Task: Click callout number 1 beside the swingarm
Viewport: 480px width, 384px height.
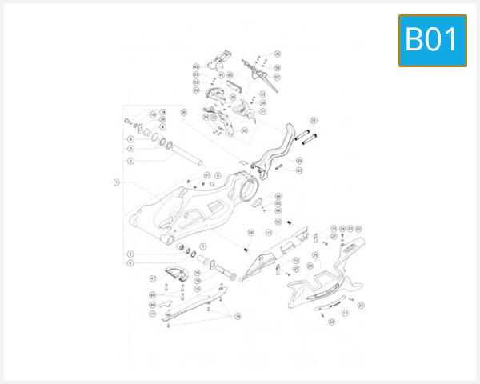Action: (x=116, y=182)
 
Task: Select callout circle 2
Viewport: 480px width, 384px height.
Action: (x=130, y=160)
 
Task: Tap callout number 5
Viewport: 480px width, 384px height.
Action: (x=130, y=254)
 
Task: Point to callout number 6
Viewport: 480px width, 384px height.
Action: (x=130, y=262)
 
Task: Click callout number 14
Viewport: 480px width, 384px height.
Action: (x=238, y=317)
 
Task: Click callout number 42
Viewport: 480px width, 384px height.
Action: (x=196, y=66)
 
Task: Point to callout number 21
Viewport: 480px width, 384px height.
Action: (x=314, y=121)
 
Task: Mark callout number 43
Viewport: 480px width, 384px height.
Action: (x=299, y=170)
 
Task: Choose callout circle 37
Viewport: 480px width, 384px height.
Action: (x=277, y=78)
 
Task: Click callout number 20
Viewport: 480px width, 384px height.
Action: (x=183, y=112)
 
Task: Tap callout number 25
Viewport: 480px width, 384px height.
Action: (x=315, y=255)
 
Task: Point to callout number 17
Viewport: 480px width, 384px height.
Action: (x=345, y=314)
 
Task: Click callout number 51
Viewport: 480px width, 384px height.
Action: (x=206, y=174)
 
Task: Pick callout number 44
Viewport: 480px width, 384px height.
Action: (x=278, y=196)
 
